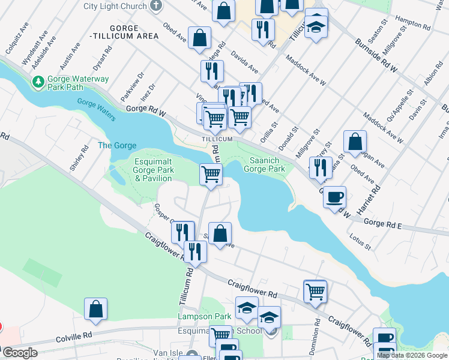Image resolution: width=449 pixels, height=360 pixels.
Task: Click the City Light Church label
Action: tap(115, 7)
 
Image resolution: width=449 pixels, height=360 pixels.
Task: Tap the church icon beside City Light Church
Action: tap(156, 7)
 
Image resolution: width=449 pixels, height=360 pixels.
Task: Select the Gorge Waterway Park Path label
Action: tap(78, 83)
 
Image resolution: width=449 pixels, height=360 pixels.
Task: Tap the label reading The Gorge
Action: tap(117, 146)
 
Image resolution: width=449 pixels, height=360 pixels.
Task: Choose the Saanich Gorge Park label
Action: tap(264, 165)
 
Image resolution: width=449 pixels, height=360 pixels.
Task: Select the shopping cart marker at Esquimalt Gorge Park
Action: tap(211, 174)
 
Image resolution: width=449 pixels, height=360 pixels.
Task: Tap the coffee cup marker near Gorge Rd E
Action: tap(334, 196)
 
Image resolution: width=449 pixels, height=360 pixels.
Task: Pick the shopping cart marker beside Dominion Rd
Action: tap(315, 292)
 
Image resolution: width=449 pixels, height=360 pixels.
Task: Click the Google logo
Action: tap(20, 353)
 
